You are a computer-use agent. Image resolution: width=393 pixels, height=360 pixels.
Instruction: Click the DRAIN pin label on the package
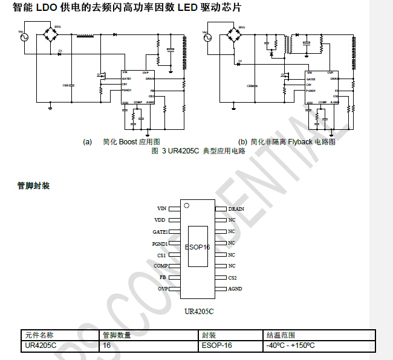point(236,208)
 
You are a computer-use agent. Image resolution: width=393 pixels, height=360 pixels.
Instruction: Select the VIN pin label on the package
point(161,208)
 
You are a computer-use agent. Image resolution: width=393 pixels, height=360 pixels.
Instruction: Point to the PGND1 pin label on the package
point(159,243)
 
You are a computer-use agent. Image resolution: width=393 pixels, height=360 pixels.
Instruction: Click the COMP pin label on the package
point(160,266)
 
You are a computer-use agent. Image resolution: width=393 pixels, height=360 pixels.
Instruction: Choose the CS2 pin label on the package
point(233,277)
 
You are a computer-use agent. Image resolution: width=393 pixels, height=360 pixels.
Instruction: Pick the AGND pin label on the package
point(235,289)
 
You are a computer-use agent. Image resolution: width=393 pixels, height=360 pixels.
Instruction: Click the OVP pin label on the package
point(162,289)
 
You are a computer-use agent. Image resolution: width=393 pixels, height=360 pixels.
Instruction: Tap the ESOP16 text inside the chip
point(197,247)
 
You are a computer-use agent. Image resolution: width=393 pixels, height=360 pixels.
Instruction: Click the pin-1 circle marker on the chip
point(187,207)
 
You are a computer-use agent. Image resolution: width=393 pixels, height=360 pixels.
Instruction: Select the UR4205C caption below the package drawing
point(199,312)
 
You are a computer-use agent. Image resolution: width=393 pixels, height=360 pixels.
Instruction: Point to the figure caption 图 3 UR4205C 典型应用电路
point(198,151)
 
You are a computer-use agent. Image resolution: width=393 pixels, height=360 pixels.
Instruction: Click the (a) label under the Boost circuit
point(88,142)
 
